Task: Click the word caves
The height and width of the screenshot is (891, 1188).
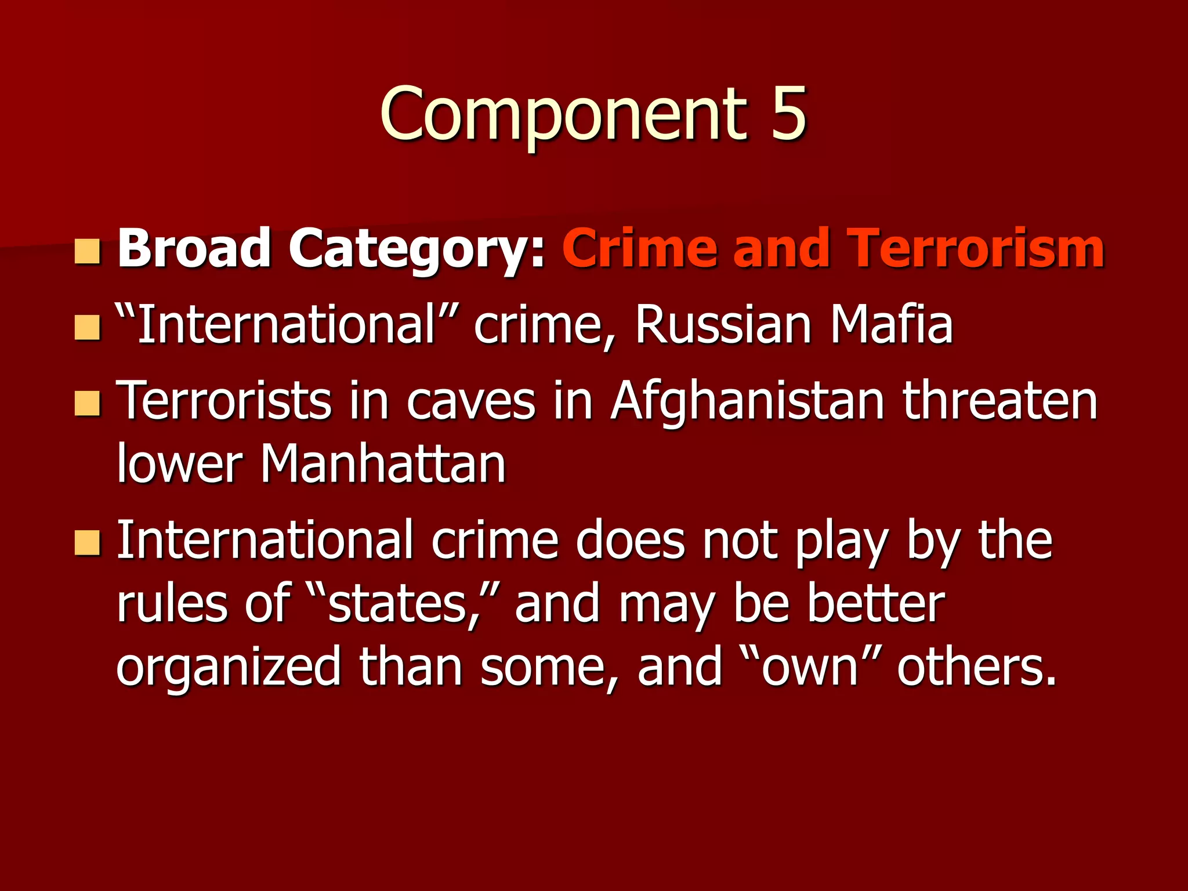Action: click(x=470, y=401)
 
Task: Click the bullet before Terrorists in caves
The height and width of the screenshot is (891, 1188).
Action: click(x=88, y=404)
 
